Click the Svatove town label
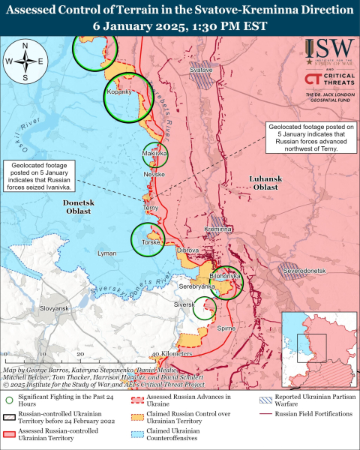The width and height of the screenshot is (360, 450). point(201,70)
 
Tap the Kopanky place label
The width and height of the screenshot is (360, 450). point(120,91)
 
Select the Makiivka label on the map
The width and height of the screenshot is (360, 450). point(154,154)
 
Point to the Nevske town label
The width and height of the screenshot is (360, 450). point(154,173)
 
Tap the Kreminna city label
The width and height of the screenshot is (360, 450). point(219,229)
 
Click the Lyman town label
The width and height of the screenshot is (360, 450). point(107,255)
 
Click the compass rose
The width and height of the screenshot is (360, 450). point(25,61)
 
